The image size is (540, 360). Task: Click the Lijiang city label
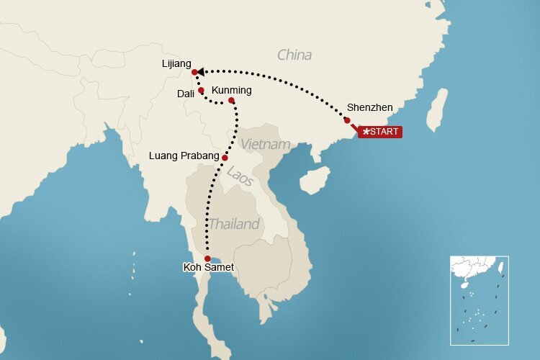[x=176, y=64]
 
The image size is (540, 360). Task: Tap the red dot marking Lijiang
[x=194, y=72]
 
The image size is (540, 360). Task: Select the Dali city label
[x=185, y=93]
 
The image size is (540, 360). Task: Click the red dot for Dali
[x=201, y=90]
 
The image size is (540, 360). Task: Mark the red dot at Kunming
[x=231, y=100]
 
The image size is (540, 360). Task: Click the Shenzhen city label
[x=369, y=107]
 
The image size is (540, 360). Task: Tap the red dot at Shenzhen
[x=347, y=120]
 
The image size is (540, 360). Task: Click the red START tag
[x=381, y=132]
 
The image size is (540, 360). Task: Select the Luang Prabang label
[x=184, y=155]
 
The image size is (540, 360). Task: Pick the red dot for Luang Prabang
[x=225, y=158]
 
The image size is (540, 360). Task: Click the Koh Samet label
[x=209, y=268]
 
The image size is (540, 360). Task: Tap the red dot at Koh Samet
[x=207, y=258]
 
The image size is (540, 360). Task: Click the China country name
[x=294, y=55]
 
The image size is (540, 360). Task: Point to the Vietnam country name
[x=266, y=144]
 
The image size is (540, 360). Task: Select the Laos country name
[x=240, y=176]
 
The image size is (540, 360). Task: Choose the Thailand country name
[x=234, y=224]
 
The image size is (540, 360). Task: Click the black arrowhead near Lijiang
[x=201, y=71]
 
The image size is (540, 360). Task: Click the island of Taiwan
[x=436, y=109]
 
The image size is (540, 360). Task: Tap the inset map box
[x=479, y=299]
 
